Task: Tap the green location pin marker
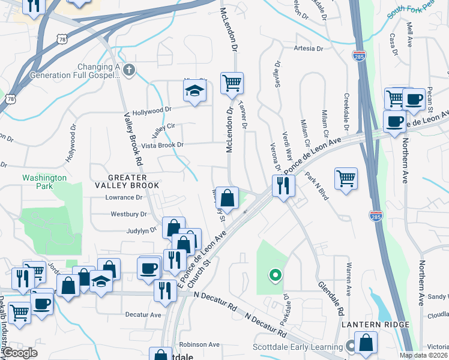pos(275,276)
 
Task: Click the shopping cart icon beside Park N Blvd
pos(346,178)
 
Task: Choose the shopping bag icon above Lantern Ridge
pos(366,344)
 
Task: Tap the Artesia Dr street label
pos(309,49)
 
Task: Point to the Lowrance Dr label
pos(124,197)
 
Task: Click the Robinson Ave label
pos(199,344)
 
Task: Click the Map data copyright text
pos(424,355)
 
